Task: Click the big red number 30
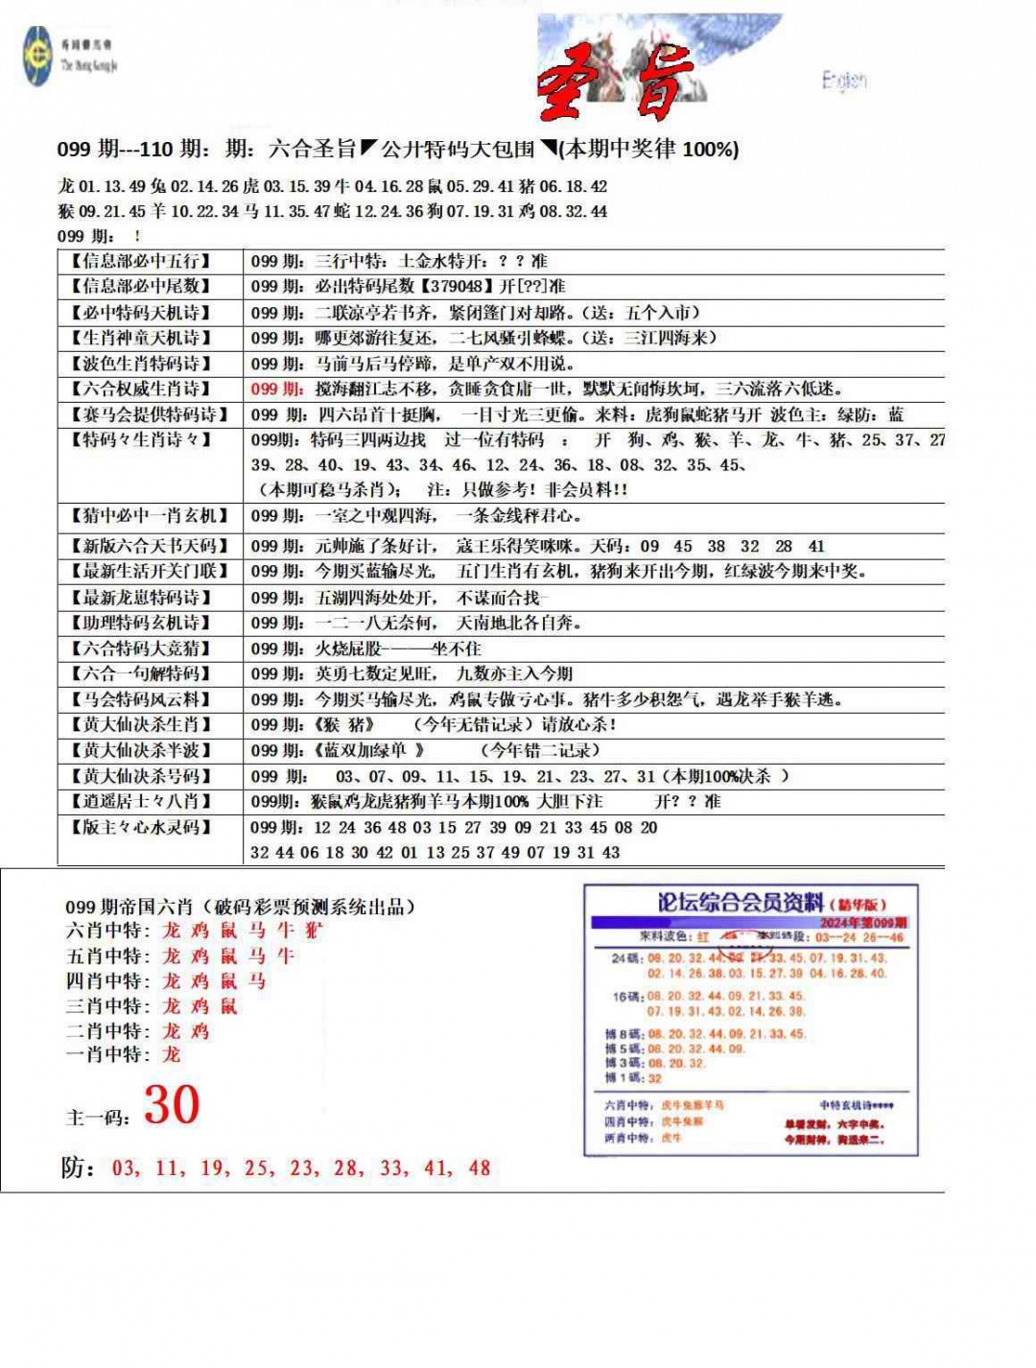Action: [x=172, y=1105]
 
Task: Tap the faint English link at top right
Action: [x=844, y=81]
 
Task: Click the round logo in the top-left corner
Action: [x=38, y=56]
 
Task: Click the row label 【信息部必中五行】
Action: [x=140, y=261]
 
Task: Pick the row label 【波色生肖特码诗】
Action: [x=140, y=364]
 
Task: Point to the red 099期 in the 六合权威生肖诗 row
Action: [x=277, y=389]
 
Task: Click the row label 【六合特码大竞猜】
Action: [x=140, y=649]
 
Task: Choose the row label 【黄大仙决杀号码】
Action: [x=140, y=776]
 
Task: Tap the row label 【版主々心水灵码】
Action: [x=140, y=827]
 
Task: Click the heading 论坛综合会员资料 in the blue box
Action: [x=741, y=903]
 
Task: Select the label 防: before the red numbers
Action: [x=79, y=1168]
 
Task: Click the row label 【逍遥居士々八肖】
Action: [x=140, y=801]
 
